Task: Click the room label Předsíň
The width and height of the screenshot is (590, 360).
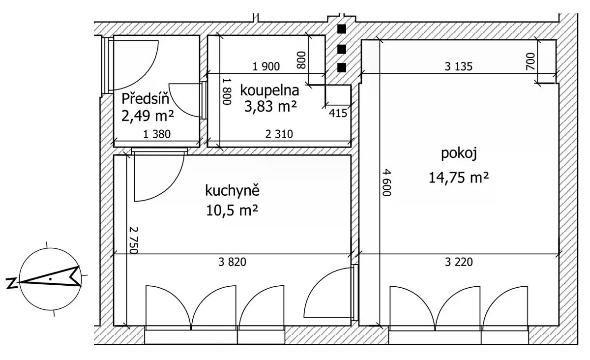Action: tap(145, 99)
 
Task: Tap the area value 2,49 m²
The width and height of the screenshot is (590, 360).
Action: tap(147, 116)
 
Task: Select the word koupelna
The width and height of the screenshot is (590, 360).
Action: tap(269, 90)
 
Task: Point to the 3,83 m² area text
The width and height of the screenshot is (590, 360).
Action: tap(270, 106)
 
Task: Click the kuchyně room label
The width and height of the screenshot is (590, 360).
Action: tap(232, 191)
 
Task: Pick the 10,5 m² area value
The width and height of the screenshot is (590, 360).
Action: tap(232, 210)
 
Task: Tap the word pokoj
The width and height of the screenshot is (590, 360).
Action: tap(459, 153)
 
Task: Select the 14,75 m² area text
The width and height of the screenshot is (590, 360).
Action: tap(459, 178)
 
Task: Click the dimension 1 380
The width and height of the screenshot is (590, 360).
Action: tap(157, 134)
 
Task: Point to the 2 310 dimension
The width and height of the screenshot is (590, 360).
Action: tap(279, 134)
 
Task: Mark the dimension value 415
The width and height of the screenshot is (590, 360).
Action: tap(338, 113)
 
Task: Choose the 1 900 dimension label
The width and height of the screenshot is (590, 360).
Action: tap(266, 66)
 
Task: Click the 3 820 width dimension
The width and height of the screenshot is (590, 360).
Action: tap(232, 262)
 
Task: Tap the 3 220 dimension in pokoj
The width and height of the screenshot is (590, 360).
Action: tap(459, 262)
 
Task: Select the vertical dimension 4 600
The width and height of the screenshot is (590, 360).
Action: tap(386, 182)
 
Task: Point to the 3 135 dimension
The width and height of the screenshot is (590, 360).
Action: tap(459, 66)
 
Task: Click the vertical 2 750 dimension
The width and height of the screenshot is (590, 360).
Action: tap(134, 240)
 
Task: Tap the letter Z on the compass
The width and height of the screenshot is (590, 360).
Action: tap(11, 283)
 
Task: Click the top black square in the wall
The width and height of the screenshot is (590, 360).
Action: tap(342, 29)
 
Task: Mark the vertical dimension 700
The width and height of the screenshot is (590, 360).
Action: tap(531, 61)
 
